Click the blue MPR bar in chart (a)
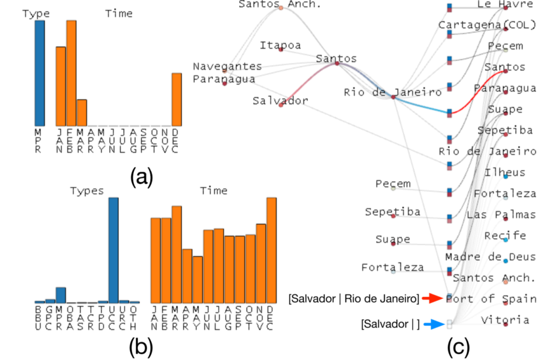click(x=40, y=73)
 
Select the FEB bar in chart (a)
click(x=72, y=73)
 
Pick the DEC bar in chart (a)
click(x=176, y=99)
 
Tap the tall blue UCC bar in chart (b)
click(x=114, y=250)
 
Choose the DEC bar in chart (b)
click(x=271, y=250)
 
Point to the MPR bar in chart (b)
click(x=60, y=295)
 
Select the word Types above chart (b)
click(x=87, y=191)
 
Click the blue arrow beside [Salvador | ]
click(x=433, y=324)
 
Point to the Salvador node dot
click(x=281, y=104)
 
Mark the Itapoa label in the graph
click(x=280, y=45)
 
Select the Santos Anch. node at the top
click(x=281, y=7)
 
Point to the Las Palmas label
click(x=501, y=215)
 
